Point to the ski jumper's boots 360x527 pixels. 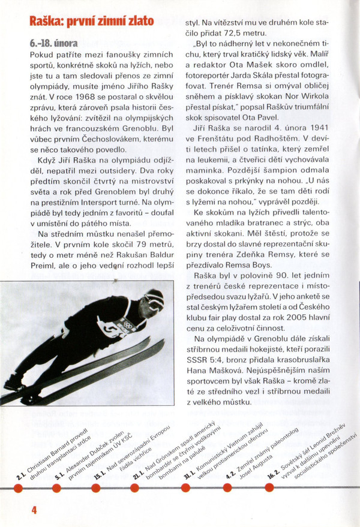point(15,384)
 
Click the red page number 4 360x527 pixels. point(34,511)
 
